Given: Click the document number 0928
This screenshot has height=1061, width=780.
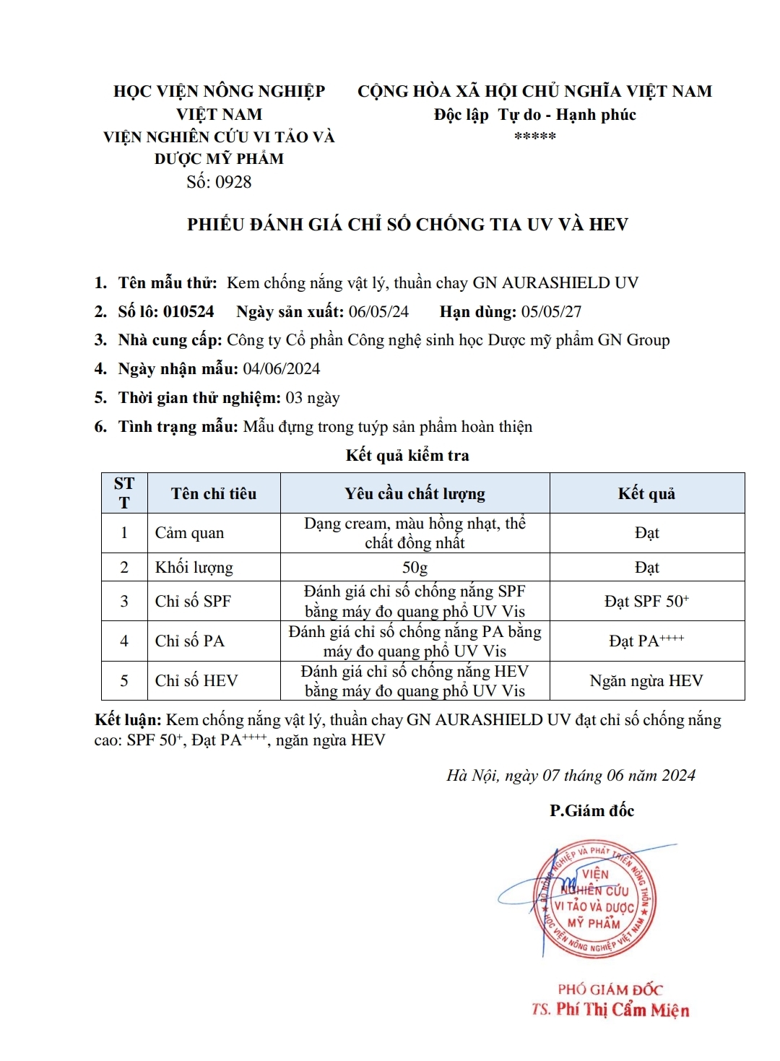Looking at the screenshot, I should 233,182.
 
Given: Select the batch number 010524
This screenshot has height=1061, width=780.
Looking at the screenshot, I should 188,311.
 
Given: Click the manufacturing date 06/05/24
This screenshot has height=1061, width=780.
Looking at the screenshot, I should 378,311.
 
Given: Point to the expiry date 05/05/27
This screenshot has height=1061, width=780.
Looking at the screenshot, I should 551,311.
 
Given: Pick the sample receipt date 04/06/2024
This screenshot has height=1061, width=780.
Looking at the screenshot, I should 282,368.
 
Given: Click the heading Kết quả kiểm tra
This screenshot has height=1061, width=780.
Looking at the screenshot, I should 407,455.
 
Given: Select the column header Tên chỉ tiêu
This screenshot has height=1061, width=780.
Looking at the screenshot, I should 214,493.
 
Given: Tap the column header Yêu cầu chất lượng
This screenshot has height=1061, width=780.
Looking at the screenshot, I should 415,493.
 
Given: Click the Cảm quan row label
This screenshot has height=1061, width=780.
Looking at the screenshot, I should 189,533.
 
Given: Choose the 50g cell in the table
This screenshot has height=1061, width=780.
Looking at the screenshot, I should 415,568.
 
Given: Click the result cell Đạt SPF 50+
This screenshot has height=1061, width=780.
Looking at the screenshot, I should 646,601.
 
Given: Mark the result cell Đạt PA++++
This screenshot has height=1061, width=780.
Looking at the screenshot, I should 646,641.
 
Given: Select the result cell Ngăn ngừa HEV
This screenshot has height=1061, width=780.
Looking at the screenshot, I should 646,680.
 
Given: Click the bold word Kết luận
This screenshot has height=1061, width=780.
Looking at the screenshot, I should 128,720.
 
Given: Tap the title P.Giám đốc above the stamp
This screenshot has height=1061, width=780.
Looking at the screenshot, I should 591,810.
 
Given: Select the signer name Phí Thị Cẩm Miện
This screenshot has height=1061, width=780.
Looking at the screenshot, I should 623,1010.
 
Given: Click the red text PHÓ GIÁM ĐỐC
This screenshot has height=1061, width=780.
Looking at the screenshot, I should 610,989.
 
